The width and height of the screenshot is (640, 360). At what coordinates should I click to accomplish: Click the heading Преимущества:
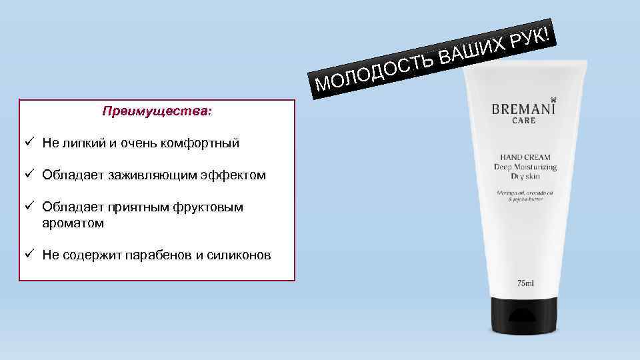click(157, 111)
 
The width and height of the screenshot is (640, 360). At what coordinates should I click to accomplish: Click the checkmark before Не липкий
click(30, 143)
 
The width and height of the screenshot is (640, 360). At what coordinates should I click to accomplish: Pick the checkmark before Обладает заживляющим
click(30, 175)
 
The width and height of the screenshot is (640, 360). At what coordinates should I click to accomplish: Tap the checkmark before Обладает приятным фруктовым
click(30, 207)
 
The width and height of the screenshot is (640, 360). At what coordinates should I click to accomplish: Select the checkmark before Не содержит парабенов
click(30, 254)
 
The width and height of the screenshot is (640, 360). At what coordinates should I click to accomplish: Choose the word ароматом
click(73, 223)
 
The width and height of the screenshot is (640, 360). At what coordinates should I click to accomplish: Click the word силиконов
click(241, 255)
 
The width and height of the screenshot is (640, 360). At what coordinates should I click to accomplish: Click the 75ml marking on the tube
click(525, 284)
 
